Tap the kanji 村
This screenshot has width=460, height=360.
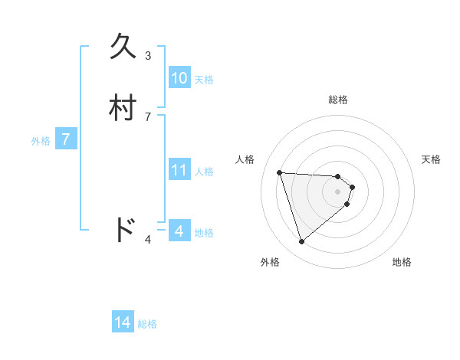(124, 108)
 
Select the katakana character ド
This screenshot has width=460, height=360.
(124, 230)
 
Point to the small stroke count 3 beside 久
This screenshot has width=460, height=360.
(148, 55)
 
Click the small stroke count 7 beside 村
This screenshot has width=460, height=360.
(148, 116)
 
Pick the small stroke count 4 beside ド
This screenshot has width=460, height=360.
(148, 240)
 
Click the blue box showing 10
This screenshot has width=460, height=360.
(179, 78)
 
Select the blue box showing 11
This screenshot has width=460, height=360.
(179, 170)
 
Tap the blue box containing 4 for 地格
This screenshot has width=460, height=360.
(179, 231)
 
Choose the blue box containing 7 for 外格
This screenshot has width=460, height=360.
(66, 139)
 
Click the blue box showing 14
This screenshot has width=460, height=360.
(123, 322)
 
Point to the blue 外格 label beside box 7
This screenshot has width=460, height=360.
(41, 141)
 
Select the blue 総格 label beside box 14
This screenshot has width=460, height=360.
(147, 324)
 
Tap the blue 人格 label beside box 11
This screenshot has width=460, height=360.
(205, 172)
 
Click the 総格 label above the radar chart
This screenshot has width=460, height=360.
(337, 100)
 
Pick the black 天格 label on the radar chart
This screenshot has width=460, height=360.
(431, 159)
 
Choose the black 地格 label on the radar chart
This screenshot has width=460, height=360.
(402, 262)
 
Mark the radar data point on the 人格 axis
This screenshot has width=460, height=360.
(280, 172)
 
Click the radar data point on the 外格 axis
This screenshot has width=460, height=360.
(302, 242)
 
